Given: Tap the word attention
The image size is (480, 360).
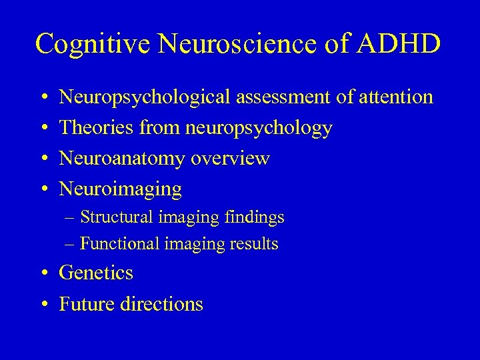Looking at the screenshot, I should point(395,97).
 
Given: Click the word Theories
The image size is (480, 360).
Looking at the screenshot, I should point(96,128).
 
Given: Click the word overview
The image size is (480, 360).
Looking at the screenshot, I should point(230,159).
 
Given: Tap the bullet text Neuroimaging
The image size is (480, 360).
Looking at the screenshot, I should point(121,190).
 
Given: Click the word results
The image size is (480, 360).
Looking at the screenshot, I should point(255,244).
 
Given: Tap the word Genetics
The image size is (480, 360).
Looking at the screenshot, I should point(96,273).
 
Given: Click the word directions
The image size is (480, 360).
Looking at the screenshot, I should point(162,304).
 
